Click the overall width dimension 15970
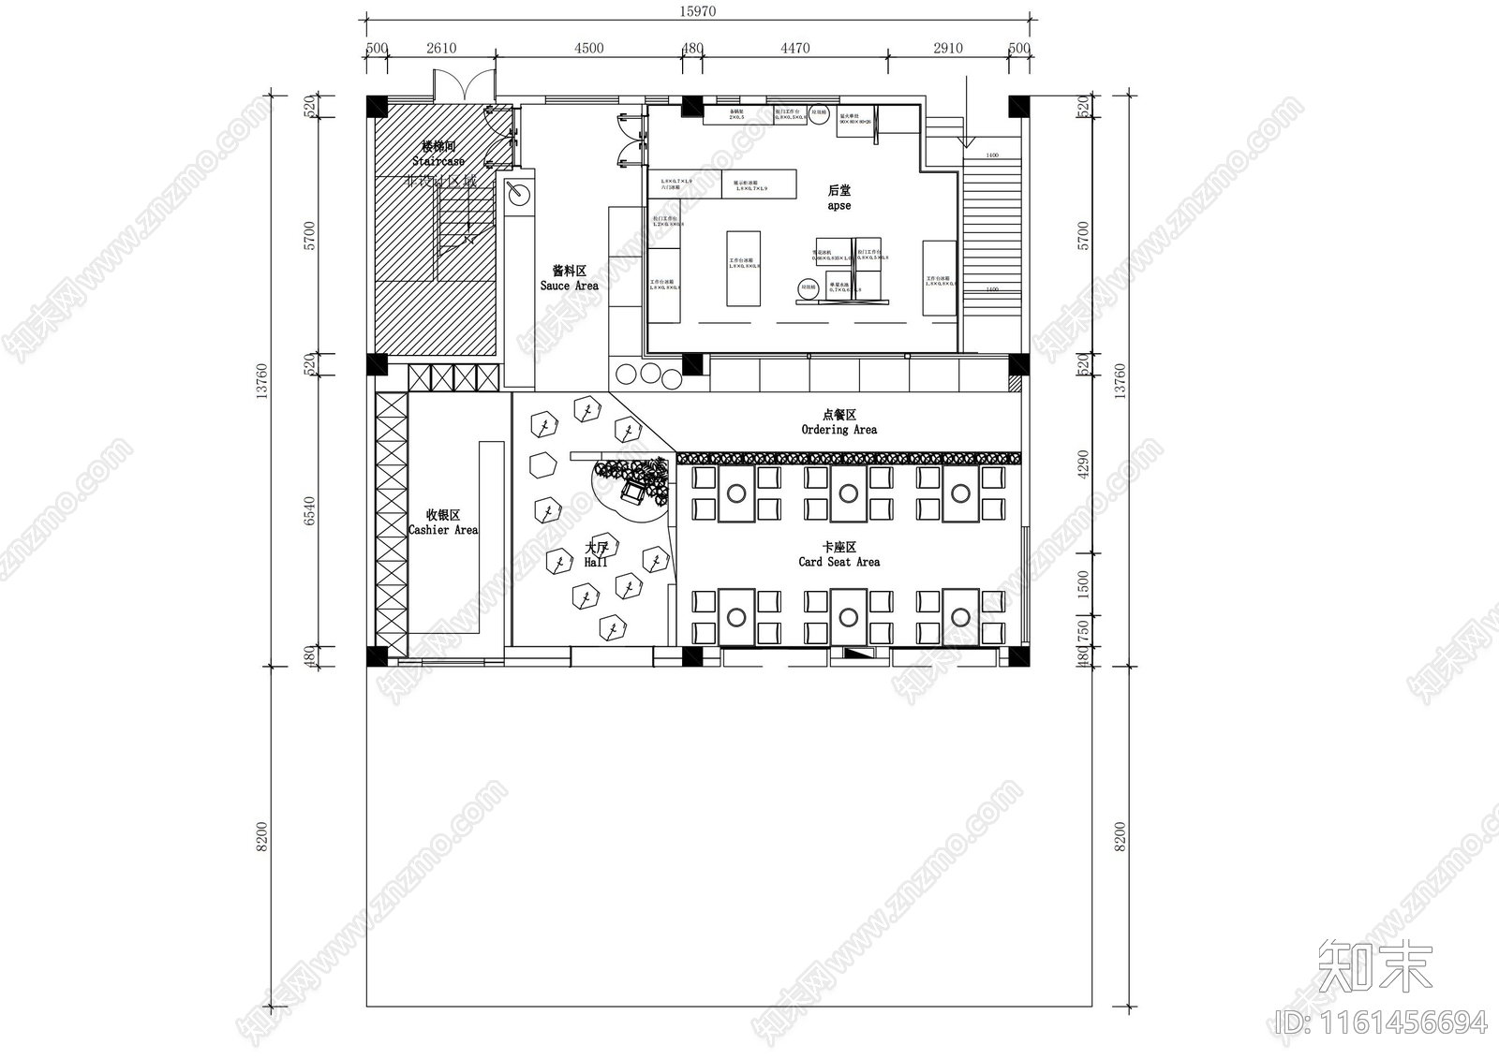[696, 11]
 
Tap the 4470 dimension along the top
[794, 49]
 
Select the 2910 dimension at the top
[947, 49]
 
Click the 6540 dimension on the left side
[310, 511]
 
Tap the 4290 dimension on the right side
[1084, 464]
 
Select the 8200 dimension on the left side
[262, 836]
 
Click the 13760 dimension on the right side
[1121, 380]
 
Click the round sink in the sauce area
[517, 194]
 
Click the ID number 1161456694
[1382, 1022]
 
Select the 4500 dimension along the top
[588, 49]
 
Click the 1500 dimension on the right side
[1084, 584]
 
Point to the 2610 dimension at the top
[440, 49]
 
